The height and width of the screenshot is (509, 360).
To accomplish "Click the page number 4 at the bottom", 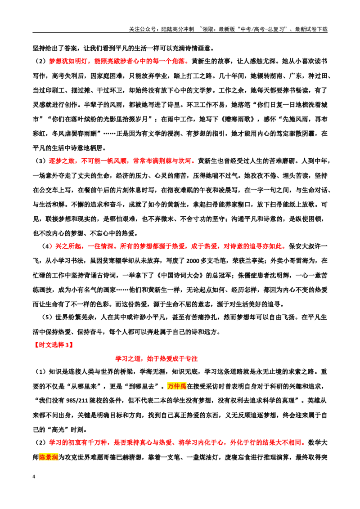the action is tap(34, 477).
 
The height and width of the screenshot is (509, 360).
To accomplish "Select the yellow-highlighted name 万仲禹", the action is tap(177, 386).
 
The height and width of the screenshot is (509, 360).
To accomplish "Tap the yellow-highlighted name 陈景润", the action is tap(49, 457).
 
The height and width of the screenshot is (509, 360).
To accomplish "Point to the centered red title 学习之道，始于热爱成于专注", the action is tap(157, 358).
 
